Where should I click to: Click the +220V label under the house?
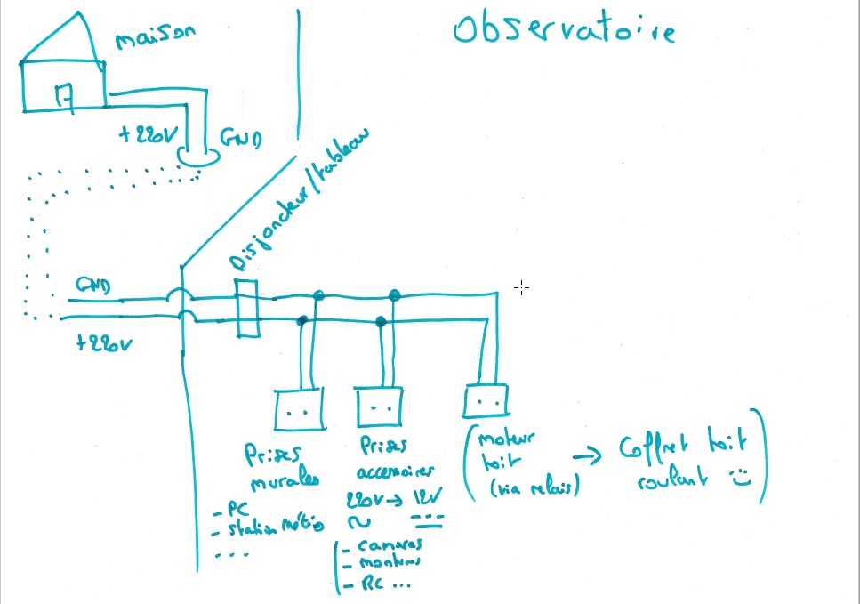point(151,135)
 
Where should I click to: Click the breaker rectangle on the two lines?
point(246,309)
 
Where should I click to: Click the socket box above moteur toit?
point(486,401)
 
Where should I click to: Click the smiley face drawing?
point(739,479)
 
